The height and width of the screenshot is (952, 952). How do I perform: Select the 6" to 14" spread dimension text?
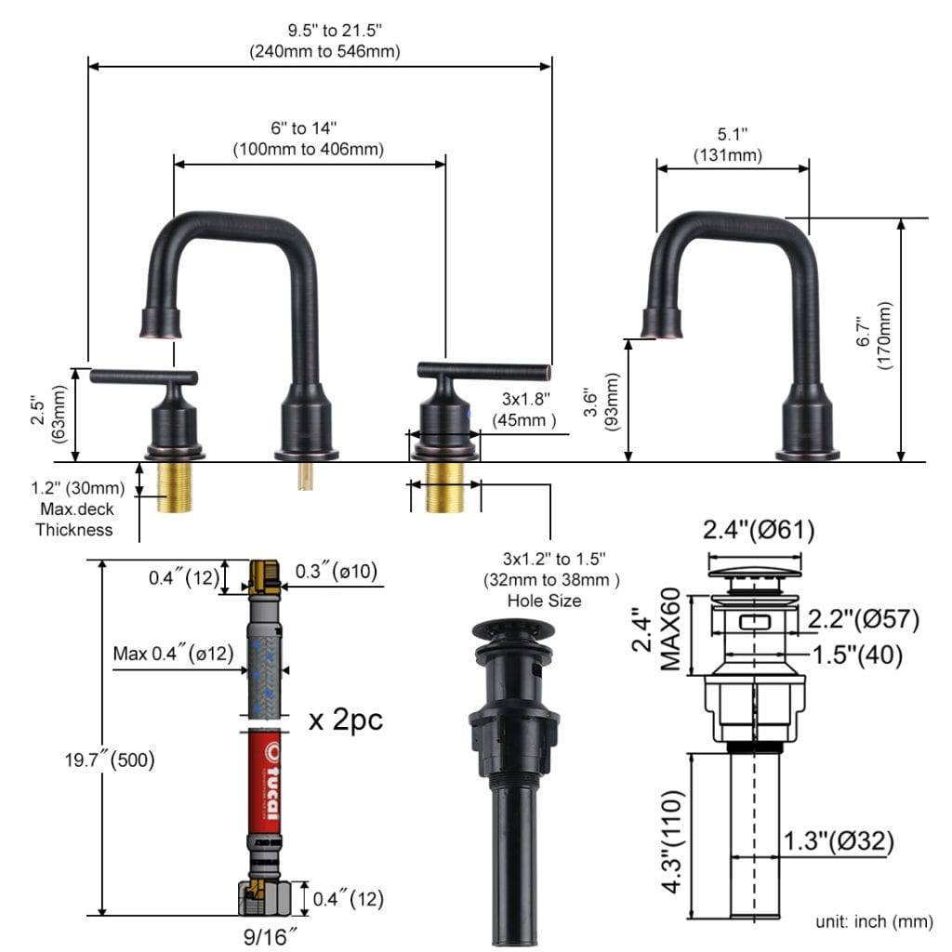click(x=308, y=137)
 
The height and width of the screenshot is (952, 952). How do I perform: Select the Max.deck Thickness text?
click(x=74, y=520)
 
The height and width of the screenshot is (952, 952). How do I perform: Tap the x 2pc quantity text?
click(x=345, y=720)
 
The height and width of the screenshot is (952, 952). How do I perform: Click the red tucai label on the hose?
click(x=270, y=781)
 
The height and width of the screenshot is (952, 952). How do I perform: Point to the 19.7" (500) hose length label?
click(x=108, y=760)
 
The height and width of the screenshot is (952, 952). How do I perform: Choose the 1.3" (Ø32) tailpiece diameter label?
click(x=837, y=842)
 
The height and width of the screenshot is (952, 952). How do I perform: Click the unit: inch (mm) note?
click(x=873, y=921)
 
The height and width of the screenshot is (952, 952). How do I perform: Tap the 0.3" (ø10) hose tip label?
click(x=336, y=570)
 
